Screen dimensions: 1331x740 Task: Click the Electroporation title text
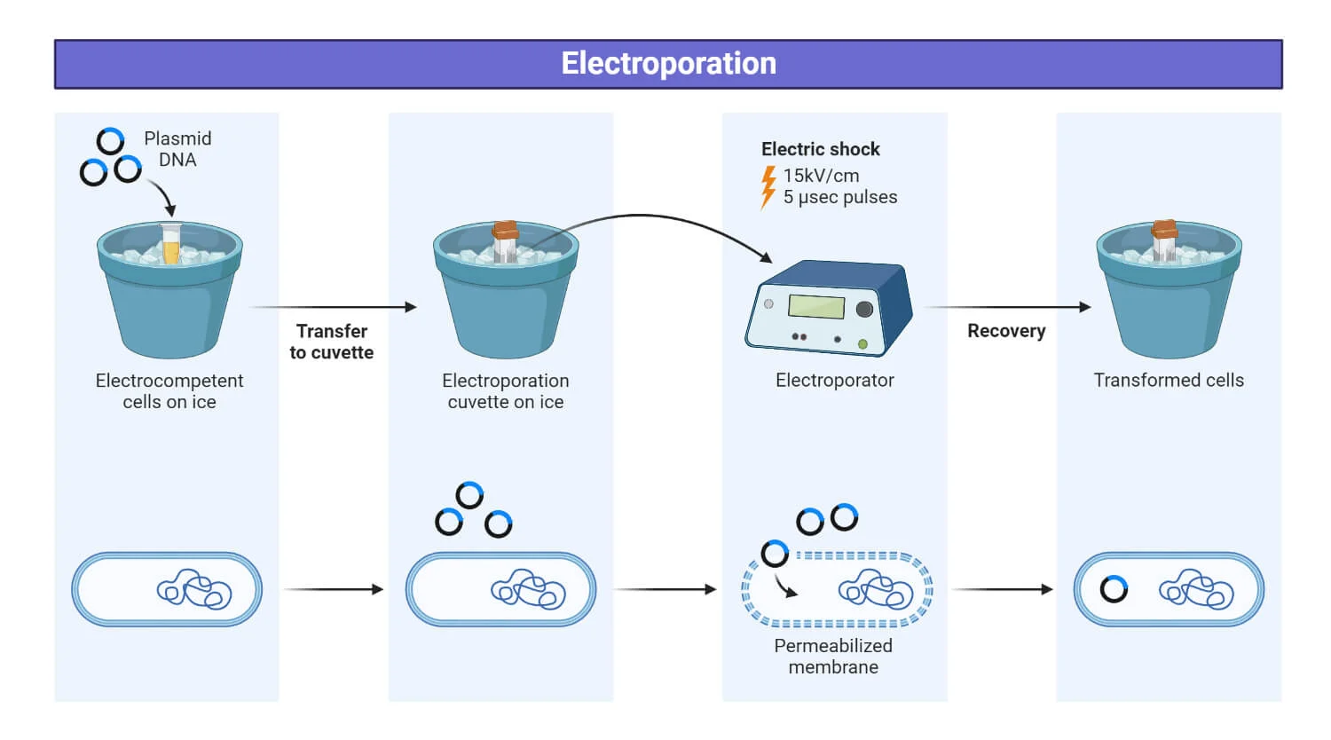click(668, 64)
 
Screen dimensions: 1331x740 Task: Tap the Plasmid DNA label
click(177, 149)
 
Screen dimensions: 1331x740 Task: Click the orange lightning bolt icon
click(768, 187)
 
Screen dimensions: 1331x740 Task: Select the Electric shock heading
click(821, 149)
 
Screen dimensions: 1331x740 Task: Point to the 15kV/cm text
click(821, 176)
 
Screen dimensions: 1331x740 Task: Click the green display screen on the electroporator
click(816, 307)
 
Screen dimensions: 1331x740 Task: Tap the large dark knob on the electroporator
click(864, 309)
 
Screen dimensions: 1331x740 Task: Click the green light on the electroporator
click(862, 344)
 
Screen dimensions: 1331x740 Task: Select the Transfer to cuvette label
click(332, 342)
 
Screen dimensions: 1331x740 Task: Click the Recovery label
click(1006, 331)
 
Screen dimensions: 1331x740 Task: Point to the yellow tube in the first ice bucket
click(171, 244)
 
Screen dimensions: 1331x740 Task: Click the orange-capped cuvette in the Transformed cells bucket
click(1164, 240)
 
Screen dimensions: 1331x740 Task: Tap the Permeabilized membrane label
click(833, 657)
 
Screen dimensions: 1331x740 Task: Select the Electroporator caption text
click(835, 381)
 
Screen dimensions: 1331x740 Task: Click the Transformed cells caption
click(1169, 381)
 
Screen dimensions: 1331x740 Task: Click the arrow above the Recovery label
click(1008, 307)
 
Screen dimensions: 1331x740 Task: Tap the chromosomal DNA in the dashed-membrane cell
click(875, 589)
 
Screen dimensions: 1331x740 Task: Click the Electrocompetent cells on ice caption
click(169, 391)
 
